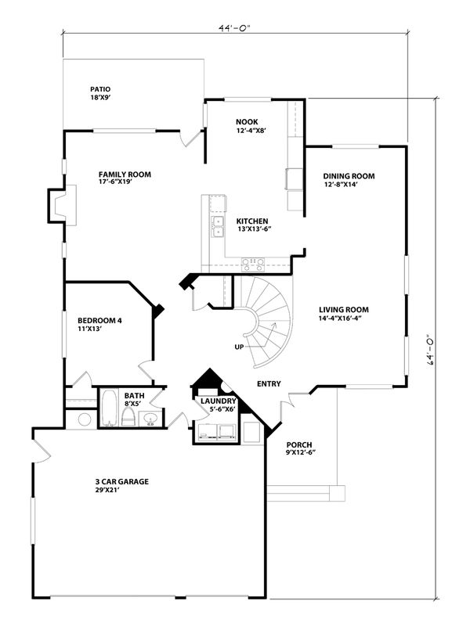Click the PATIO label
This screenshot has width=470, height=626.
click(x=101, y=90)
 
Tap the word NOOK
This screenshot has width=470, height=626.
click(x=247, y=122)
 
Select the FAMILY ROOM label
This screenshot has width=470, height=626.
click(x=125, y=174)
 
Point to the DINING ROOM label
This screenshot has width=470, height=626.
click(x=349, y=176)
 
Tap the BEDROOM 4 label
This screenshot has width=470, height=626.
click(x=99, y=320)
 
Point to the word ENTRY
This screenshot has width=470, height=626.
click(x=269, y=383)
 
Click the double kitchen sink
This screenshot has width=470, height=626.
click(x=218, y=227)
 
